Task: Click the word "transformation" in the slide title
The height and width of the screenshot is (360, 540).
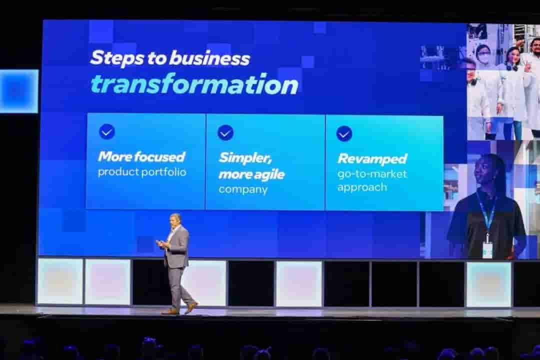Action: (x=194, y=84)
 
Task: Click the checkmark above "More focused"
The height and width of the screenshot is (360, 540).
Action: (x=107, y=131)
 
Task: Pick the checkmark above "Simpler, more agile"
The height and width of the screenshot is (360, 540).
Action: (x=225, y=132)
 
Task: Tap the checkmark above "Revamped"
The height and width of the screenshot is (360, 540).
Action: (x=344, y=133)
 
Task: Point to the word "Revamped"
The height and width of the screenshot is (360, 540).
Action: (x=372, y=159)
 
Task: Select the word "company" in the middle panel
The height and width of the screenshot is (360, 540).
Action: (x=243, y=189)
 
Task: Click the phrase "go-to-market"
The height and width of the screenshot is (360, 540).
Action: (x=372, y=174)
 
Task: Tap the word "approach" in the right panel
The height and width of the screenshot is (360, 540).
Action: (x=362, y=187)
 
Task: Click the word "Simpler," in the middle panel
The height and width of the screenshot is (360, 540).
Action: (x=245, y=158)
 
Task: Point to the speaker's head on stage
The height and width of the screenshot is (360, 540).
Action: (x=175, y=220)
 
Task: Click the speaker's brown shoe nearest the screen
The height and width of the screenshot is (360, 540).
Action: (x=190, y=307)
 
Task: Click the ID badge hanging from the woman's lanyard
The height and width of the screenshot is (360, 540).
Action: (x=487, y=248)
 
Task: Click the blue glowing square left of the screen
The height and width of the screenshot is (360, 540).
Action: (x=19, y=91)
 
